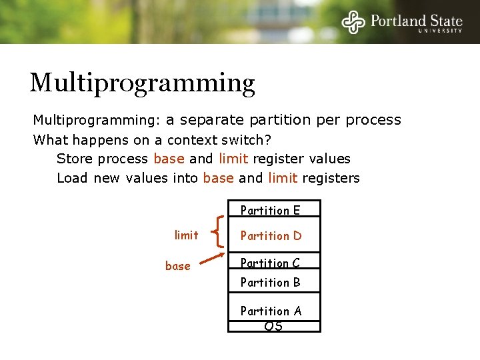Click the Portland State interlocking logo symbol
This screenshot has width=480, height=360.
354,21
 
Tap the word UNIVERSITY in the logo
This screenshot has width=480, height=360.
440,30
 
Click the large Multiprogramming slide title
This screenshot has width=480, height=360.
142,83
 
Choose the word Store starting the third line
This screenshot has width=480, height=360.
75,159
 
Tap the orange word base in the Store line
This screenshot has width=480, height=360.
169,159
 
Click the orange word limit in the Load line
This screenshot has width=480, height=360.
283,178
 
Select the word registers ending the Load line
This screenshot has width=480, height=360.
331,178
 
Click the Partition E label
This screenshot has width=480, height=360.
270,211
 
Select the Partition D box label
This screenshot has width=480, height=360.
271,235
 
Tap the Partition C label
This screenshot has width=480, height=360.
270,263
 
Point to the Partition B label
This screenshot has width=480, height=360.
270,283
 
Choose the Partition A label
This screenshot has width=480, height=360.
271,311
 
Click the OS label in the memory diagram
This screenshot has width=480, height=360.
273,326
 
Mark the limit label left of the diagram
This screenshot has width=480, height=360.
186,235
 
